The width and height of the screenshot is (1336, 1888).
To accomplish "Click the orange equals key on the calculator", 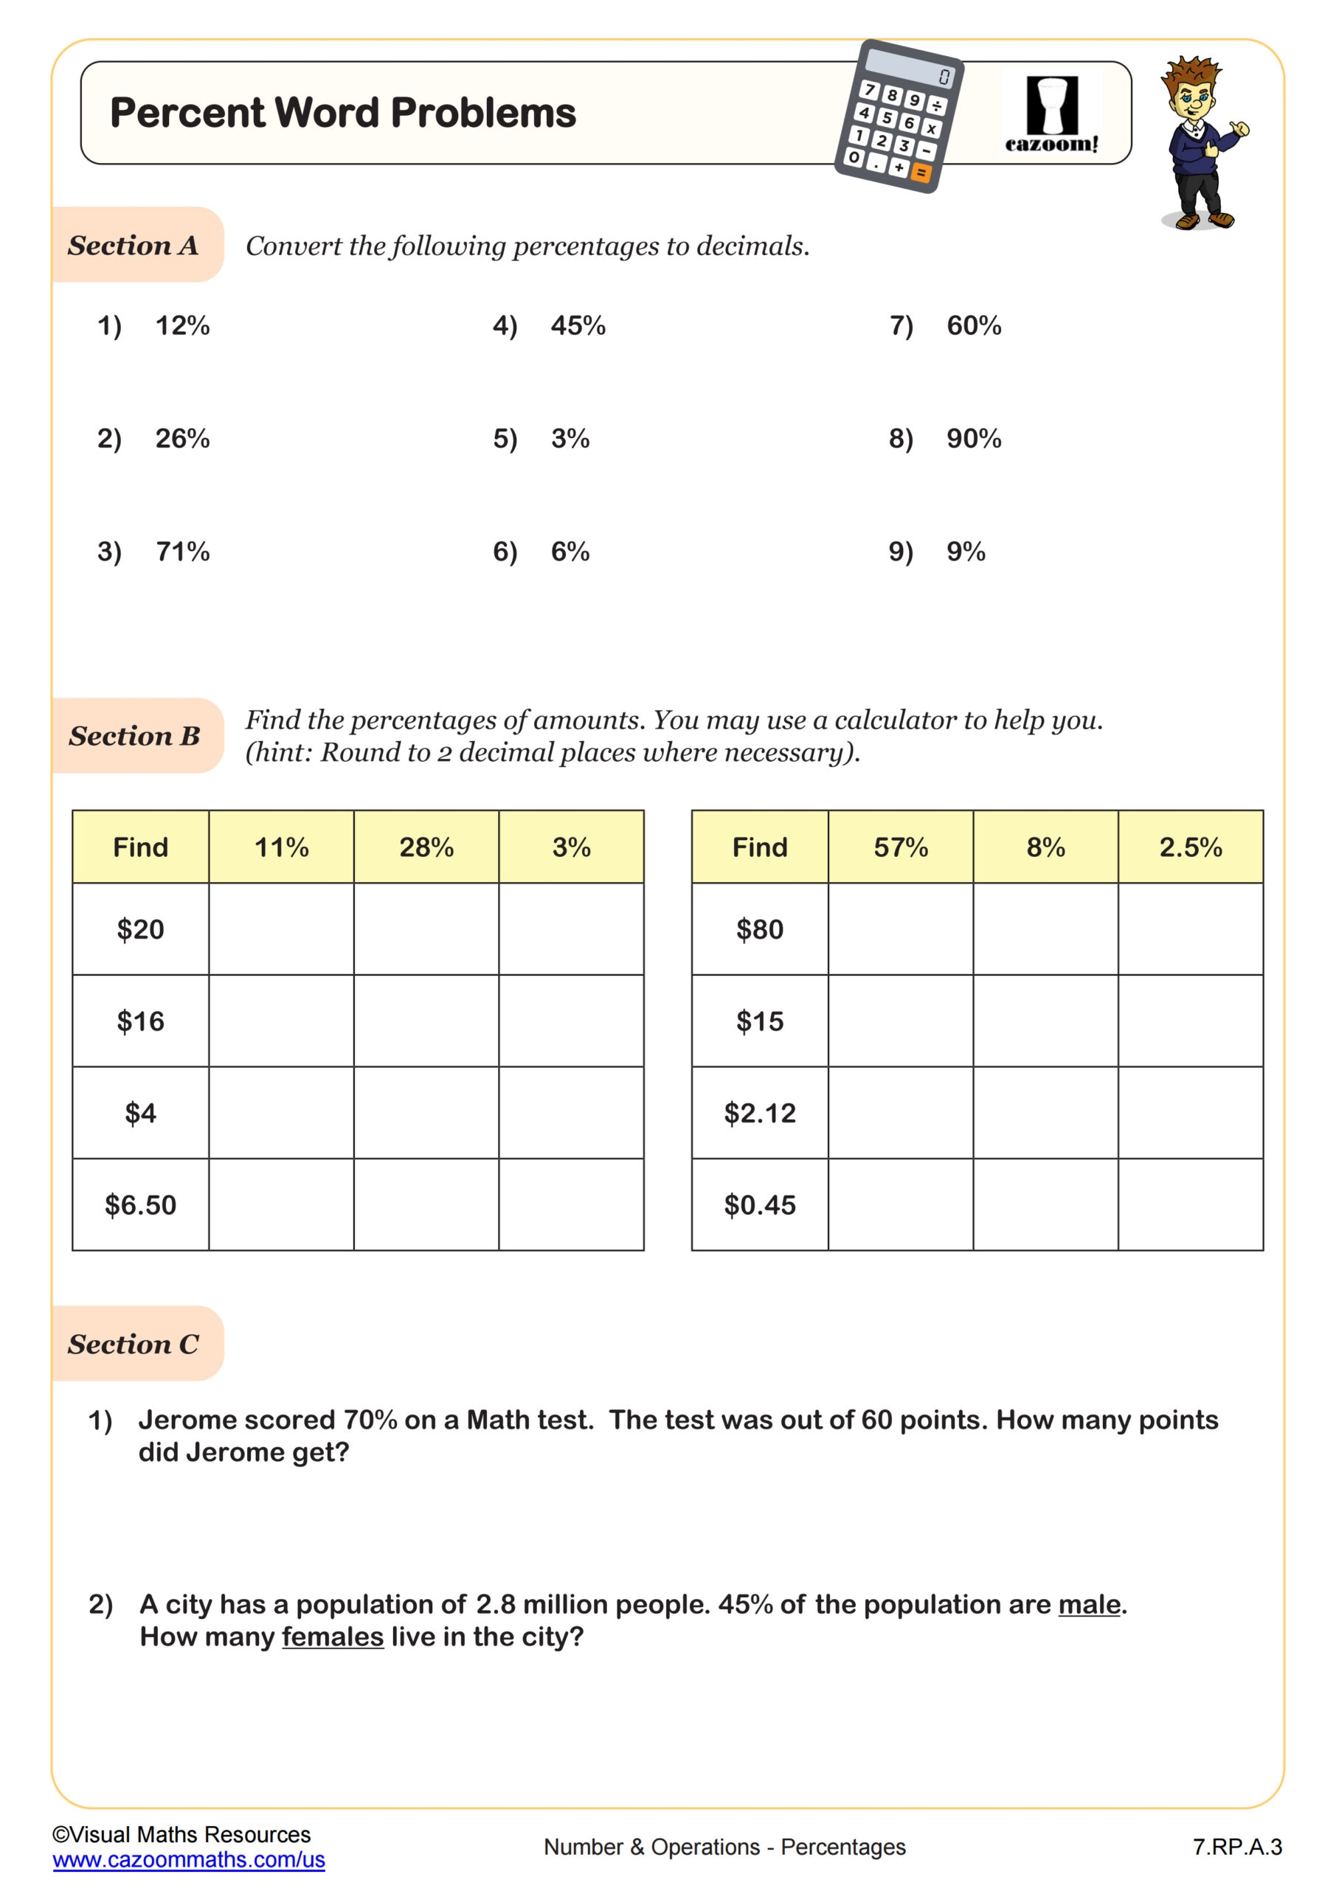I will [921, 173].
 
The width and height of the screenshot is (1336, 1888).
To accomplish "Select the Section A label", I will [134, 245].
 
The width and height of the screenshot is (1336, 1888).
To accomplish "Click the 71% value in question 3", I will [183, 551].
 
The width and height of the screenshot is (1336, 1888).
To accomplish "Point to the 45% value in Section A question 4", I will [578, 326].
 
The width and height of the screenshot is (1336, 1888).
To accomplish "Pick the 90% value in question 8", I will [974, 438].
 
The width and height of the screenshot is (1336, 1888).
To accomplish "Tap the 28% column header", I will [426, 847].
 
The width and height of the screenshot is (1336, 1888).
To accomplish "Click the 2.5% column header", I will [1191, 847].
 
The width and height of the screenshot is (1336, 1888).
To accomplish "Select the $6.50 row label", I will [141, 1204].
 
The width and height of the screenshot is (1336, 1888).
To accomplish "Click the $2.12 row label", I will [759, 1113].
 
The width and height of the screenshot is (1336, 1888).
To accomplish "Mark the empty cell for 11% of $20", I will [281, 929].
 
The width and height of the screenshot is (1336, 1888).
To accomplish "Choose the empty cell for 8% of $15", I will [1045, 1021].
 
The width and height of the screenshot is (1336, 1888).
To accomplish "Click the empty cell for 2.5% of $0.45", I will [1191, 1204].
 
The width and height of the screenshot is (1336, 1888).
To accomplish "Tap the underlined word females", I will [333, 1637].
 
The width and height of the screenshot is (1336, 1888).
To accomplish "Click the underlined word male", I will [1089, 1604].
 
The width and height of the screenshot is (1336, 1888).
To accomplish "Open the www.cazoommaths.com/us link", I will [188, 1859].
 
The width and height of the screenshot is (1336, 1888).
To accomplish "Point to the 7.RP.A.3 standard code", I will [1236, 1847].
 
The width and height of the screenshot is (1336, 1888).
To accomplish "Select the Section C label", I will [134, 1344].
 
